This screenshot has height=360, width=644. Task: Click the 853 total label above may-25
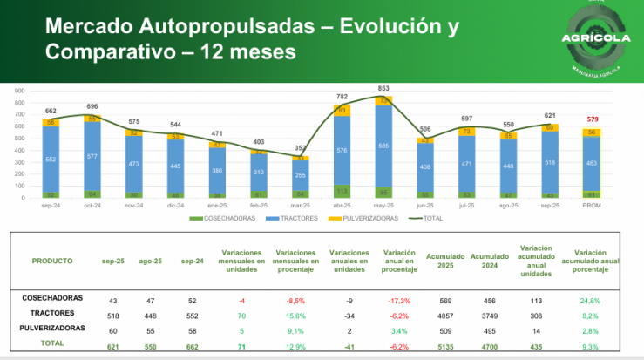point(383,89)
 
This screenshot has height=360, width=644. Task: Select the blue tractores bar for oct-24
point(92,157)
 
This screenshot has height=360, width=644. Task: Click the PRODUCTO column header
point(52,261)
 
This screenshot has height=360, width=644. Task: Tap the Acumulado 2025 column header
point(446,261)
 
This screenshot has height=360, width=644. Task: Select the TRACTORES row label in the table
point(53,311)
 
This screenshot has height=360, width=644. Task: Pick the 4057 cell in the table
point(445,315)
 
